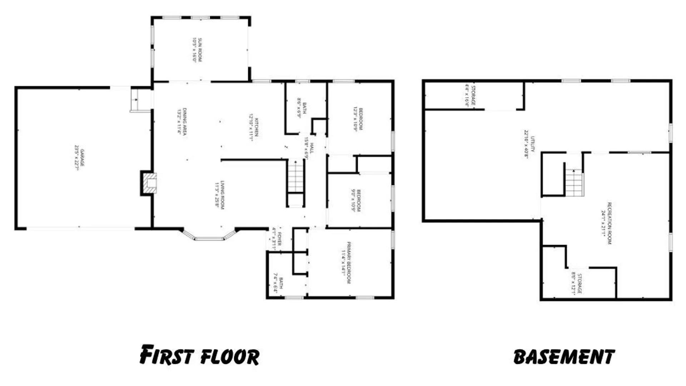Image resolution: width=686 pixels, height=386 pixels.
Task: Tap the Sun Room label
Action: [x=198, y=50]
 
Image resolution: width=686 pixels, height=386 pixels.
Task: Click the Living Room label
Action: [x=219, y=195]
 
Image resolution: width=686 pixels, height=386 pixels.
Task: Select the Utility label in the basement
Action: [x=530, y=144]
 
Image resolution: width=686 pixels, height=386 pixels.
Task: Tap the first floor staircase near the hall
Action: [x=296, y=176]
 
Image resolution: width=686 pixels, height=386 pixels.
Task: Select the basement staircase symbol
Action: [x=574, y=183]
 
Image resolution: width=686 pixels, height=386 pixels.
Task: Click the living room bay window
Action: [x=209, y=236]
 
